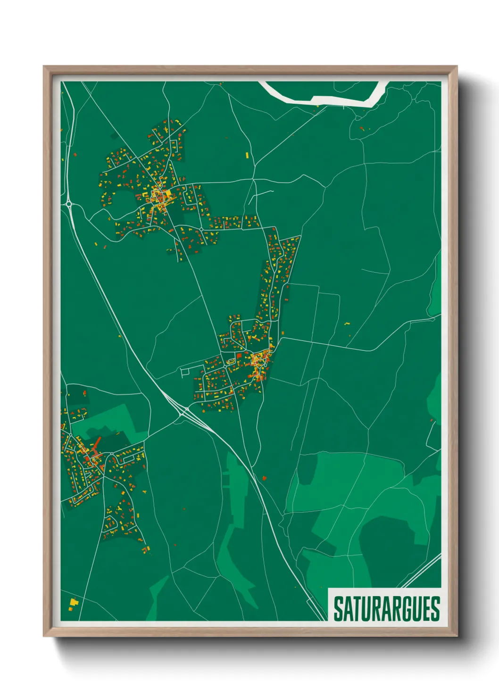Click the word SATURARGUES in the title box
coord(386,608)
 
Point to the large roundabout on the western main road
coord(69,204)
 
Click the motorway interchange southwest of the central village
coord(183,414)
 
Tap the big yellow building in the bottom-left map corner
coord(73,602)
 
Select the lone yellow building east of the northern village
coord(247,154)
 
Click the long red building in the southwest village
coord(97,443)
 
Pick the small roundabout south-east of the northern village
coord(201,229)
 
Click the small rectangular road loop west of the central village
coord(185,372)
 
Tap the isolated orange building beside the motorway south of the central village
coord(264,478)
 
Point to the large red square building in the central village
coord(239,355)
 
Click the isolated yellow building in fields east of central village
coord(347,324)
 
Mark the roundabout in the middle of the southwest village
coord(111,454)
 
